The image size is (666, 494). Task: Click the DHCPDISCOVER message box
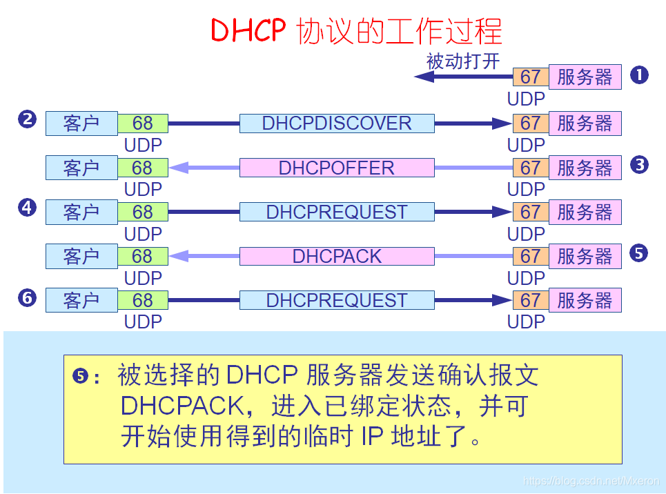point(337,123)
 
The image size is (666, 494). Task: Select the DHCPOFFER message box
point(337,168)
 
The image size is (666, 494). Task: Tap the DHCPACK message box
point(337,256)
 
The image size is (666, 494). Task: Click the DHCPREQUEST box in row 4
point(337,212)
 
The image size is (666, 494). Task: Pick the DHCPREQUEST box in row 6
point(337,300)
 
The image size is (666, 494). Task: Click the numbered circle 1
point(639,75)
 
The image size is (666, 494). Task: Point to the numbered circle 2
point(27,119)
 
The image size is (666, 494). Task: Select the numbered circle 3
point(639,164)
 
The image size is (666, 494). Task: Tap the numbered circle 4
point(27,208)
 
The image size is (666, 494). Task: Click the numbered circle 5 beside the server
point(639,253)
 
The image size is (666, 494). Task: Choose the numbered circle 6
point(27,297)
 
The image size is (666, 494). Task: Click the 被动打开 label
point(462,61)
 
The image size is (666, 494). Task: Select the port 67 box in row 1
point(530,77)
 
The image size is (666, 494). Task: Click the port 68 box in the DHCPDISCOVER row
point(142,123)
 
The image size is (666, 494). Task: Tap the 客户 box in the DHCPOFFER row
point(81,168)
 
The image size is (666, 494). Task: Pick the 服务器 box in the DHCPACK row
point(585,256)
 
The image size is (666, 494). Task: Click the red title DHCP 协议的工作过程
point(355,32)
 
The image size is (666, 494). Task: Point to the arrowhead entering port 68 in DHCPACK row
point(179,256)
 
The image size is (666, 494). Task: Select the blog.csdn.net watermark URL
point(591,481)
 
